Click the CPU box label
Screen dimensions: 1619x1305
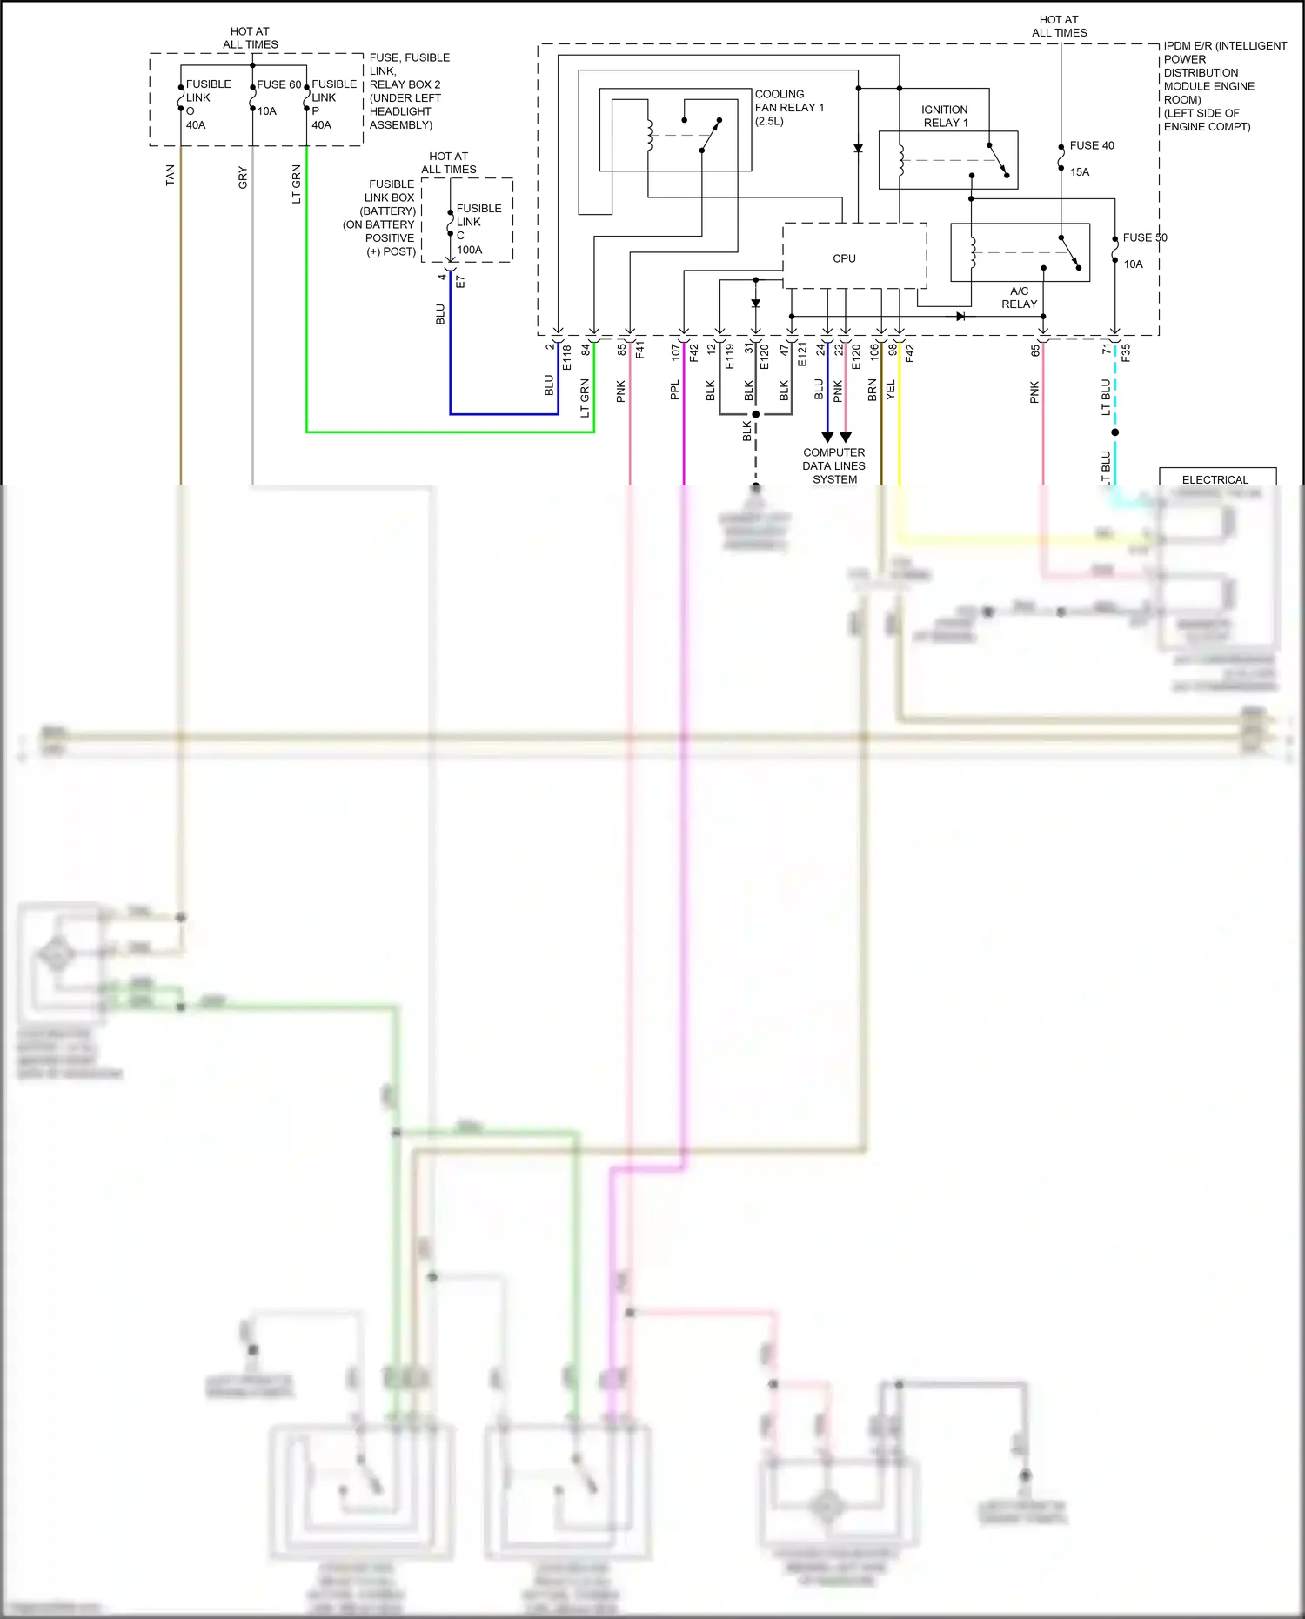[x=844, y=258]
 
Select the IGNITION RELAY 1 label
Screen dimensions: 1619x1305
[x=944, y=116]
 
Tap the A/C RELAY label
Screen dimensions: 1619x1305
[x=1019, y=298]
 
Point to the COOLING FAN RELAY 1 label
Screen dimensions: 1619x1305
[x=788, y=107]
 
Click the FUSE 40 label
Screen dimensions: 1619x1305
[x=1091, y=145]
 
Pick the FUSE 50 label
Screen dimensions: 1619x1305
[x=1144, y=237]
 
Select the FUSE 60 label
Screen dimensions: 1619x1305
[x=278, y=84]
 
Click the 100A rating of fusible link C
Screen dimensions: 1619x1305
[x=469, y=250]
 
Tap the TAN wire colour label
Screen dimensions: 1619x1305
[x=171, y=175]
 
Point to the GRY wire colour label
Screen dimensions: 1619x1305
[x=243, y=177]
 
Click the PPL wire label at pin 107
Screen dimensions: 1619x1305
[x=674, y=390]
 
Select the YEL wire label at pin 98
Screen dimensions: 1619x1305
[x=890, y=390]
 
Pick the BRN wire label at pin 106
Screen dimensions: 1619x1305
[x=872, y=390]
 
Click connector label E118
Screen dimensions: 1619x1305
[x=567, y=357]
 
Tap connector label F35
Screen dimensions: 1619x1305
[x=1125, y=353]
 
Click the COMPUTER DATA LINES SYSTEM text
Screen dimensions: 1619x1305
[x=833, y=465]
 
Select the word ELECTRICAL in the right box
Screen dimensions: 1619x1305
[x=1215, y=479]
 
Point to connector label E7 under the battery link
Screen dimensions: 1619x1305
[x=460, y=282]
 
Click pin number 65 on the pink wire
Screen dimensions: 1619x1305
[x=1035, y=351]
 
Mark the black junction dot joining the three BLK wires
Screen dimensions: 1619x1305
[x=755, y=414]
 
